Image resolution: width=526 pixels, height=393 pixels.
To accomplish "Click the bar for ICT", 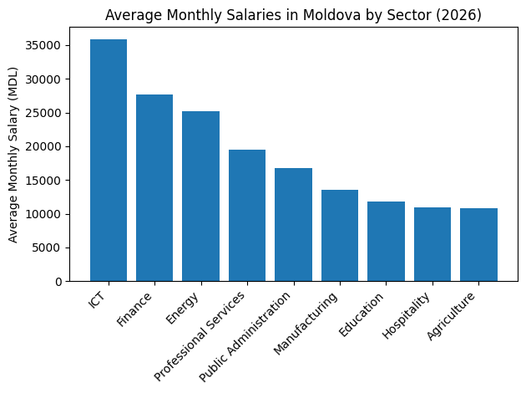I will pos(109,161).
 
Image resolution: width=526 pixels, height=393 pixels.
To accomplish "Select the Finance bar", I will pos(154,188).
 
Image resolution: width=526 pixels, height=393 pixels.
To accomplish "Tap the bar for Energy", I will pos(200,196).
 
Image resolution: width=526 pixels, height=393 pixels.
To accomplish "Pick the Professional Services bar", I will pos(247,216).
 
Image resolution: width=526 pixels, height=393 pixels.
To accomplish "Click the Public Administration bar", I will pos(293,225).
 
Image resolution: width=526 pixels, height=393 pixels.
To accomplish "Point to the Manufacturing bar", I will pos(339,236).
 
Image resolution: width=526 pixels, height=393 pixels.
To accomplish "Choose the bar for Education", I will pos(386,242).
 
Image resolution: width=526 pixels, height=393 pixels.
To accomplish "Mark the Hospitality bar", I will pos(432,244).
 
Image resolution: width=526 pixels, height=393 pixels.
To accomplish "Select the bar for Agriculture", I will pos(478,245).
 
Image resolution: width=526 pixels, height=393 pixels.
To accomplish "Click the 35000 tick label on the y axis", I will pos(63,46).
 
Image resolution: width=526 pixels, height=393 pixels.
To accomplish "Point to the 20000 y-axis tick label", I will pos(63,147).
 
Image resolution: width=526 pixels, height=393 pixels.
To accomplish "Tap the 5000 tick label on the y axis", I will pos(67,248).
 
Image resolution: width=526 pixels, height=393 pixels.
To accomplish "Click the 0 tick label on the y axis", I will pos(76,282).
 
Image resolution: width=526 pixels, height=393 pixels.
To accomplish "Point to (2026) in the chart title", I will pos(460,15).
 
